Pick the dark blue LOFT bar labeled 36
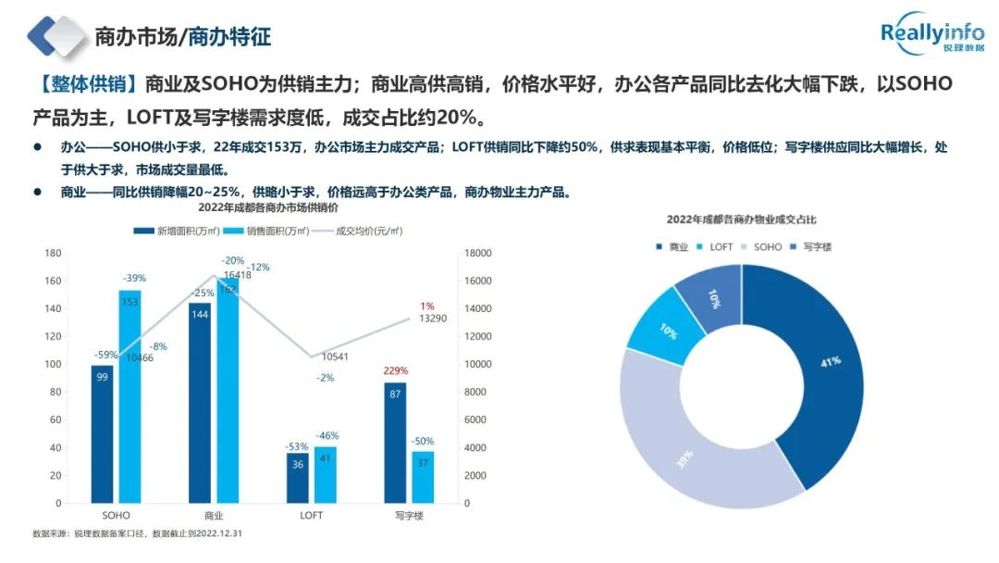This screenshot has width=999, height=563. coord(297,477)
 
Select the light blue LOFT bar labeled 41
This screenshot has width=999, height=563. coord(326,474)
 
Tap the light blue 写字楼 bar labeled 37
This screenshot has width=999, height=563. coord(423,476)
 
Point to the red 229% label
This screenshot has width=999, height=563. coord(395,371)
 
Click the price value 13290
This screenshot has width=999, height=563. coord(434,319)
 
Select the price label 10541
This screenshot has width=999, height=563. coord(336,357)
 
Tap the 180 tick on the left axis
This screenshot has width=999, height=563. coord(53,253)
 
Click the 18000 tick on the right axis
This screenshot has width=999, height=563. coord(478,253)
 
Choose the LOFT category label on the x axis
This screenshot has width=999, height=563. coord(311,514)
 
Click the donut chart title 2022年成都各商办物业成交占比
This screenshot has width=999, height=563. coord(742,220)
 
